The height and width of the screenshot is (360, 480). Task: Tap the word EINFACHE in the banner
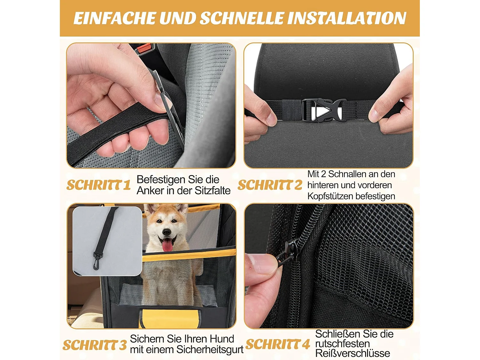[x=114, y=18]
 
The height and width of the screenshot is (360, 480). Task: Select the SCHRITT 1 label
[x=99, y=185]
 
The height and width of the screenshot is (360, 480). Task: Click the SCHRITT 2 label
[x=270, y=185]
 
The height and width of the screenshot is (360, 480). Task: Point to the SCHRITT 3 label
[x=94, y=345]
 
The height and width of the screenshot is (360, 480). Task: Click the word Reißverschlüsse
[x=353, y=353]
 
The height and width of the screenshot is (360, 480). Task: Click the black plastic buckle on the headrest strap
[x=321, y=110]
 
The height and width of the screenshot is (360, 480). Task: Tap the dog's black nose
[x=167, y=232]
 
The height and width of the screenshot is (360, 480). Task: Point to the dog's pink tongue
[x=168, y=245]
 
